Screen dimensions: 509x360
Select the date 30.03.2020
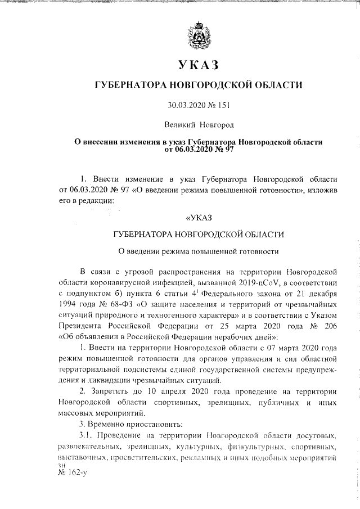point(187,105)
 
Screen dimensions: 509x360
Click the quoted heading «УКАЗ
point(199,217)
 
